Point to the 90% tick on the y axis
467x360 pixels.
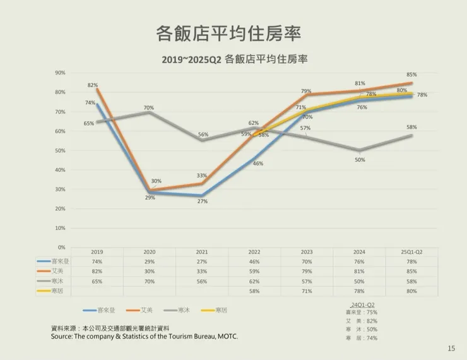pos(61,73)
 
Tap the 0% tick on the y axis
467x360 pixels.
pos(62,247)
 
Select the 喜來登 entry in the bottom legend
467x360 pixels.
pos(105,310)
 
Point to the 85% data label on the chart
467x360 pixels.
pos(411,75)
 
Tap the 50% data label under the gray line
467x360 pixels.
pos(360,160)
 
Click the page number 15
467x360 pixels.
pos(451,348)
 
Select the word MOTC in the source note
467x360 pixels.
pos(228,337)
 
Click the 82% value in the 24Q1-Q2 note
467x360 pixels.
pos(372,321)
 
